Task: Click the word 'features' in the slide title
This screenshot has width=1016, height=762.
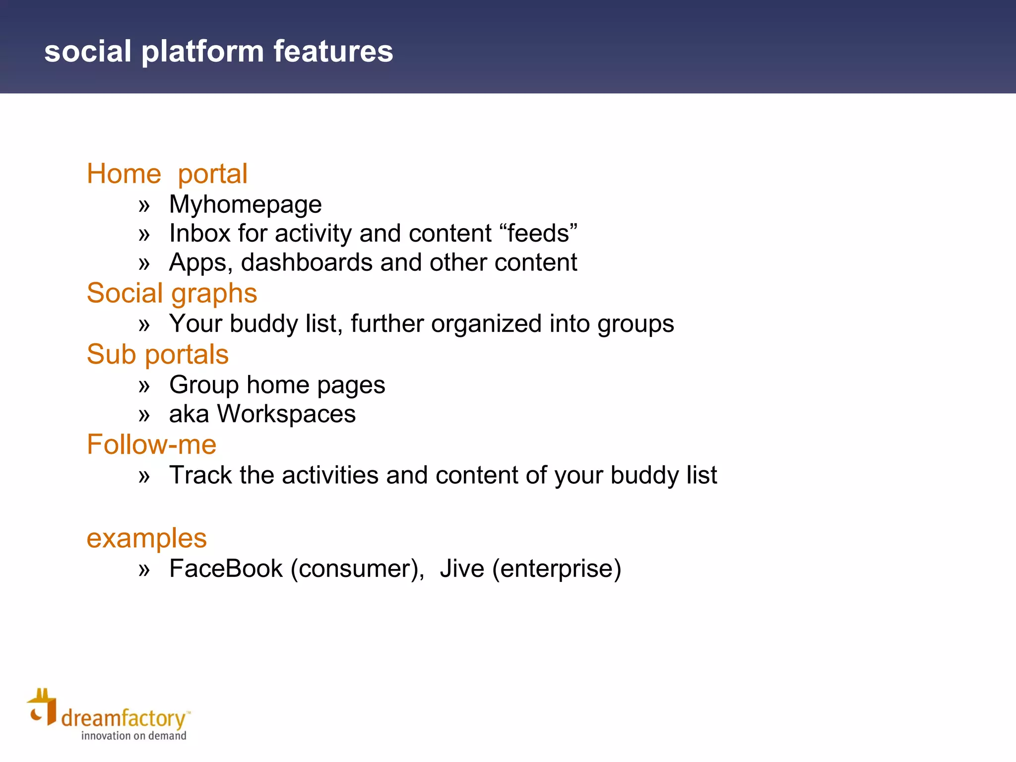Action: [x=333, y=51]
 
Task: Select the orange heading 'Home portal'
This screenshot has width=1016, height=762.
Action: [x=167, y=174]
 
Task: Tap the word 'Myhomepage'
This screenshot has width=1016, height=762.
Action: [x=245, y=205]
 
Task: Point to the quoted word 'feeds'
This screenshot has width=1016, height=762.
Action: [x=539, y=233]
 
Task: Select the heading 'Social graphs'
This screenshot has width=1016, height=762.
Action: [x=172, y=293]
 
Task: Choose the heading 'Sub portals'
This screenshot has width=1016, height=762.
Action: [x=157, y=355]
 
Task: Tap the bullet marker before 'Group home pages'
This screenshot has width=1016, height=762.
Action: [x=144, y=386]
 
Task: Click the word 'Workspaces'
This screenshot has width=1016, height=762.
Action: [x=286, y=414]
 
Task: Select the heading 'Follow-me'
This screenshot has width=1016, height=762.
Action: [x=151, y=444]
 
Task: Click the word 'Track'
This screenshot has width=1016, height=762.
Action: [x=200, y=475]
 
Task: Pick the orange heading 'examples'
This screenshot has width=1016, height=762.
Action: [x=146, y=538]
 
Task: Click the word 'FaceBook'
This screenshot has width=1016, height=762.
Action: [x=226, y=569]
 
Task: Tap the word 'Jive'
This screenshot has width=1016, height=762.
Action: [x=461, y=569]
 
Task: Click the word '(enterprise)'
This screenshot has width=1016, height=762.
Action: [x=556, y=569]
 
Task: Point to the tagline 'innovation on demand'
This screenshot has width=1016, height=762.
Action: [x=133, y=736]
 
